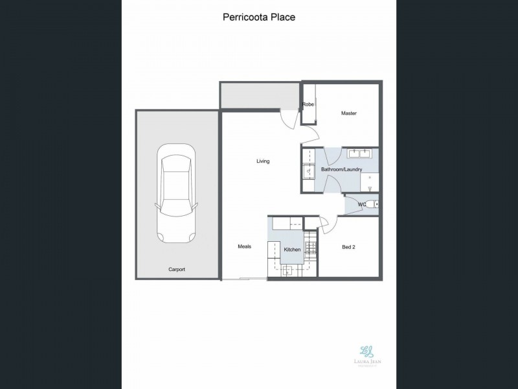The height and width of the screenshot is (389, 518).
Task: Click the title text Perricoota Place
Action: pos(258,18)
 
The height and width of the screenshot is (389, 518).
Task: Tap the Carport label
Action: pos(177,269)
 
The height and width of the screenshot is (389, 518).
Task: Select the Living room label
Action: pos(263,161)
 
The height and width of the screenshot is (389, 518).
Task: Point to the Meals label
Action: pos(244,246)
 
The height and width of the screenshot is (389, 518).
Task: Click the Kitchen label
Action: pos(292,250)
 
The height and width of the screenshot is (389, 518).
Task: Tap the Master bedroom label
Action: pos(349,113)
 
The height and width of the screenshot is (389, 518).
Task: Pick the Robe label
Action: pos(308,104)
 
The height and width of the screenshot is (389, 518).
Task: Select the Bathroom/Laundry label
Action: pos(341,170)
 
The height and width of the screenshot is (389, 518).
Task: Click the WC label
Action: pos(363,204)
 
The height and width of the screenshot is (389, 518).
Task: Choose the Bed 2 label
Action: pos(349,246)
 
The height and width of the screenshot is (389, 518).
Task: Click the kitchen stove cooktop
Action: pos(310,249)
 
